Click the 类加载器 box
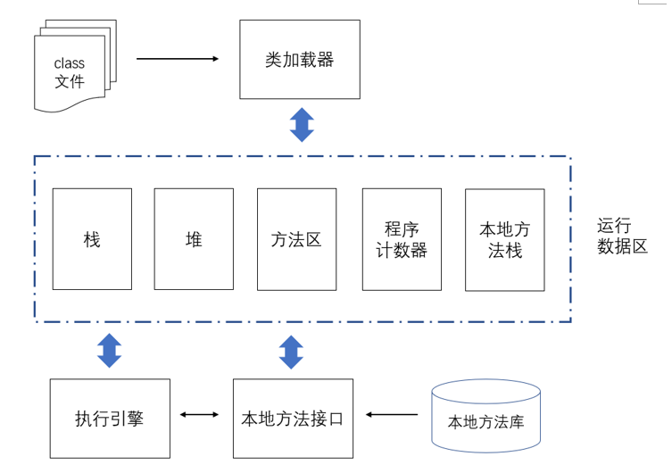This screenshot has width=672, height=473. pos(300,59)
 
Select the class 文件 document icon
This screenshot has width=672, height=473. pos(75,66)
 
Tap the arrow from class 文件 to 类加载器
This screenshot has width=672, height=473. pos(178,59)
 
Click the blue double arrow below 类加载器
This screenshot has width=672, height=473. pos(302,125)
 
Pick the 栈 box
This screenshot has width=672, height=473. pos(92,239)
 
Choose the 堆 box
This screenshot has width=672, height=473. pos(194,239)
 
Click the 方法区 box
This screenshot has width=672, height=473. pos(296,239)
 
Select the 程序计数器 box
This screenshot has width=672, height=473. pos(402,239)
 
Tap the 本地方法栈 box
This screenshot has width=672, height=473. pos(505,240)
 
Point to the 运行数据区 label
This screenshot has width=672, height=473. pos(622,236)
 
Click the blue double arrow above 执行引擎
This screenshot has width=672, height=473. pos(109,351)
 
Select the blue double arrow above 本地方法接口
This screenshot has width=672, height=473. pos(291,353)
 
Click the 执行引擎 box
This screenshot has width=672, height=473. pos(110,419)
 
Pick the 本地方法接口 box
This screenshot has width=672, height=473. pos(293,419)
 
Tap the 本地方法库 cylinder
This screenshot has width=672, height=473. pos(486,416)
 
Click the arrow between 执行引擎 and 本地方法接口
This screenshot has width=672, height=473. pos(199,414)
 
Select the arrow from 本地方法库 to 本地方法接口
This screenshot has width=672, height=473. pos(392,414)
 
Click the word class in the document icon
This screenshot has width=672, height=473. pos(70,63)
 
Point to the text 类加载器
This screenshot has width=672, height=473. pos(299,60)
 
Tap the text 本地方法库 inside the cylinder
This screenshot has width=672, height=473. pos(486,422)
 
